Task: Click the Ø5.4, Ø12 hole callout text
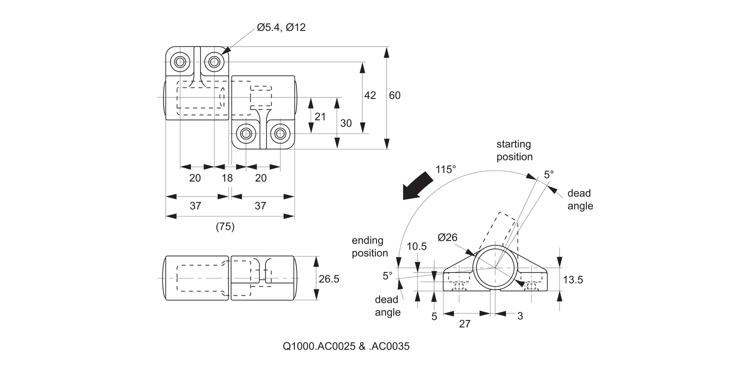pyautogui.click(x=281, y=27)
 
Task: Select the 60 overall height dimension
pyautogui.click(x=394, y=95)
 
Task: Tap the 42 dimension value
pyautogui.click(x=370, y=95)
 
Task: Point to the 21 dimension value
pyautogui.click(x=320, y=116)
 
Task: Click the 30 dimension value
pyautogui.click(x=346, y=123)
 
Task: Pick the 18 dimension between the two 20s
pyautogui.click(x=227, y=178)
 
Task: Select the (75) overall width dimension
pyautogui.click(x=225, y=226)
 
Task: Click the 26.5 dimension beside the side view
pyautogui.click(x=328, y=279)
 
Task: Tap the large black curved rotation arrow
pyautogui.click(x=417, y=186)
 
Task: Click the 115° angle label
pyautogui.click(x=445, y=169)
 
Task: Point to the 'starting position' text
pyautogui.click(x=514, y=150)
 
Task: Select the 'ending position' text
pyautogui.click(x=369, y=247)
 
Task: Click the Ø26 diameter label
pyautogui.click(x=447, y=238)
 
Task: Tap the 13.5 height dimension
pyautogui.click(x=572, y=280)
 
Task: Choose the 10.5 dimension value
pyautogui.click(x=416, y=246)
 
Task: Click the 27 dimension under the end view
pyautogui.click(x=464, y=324)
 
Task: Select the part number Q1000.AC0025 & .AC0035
pyautogui.click(x=346, y=346)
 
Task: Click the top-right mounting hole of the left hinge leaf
pyautogui.click(x=214, y=62)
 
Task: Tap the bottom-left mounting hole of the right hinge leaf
pyautogui.click(x=245, y=133)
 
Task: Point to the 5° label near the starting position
pyautogui.click(x=549, y=174)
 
